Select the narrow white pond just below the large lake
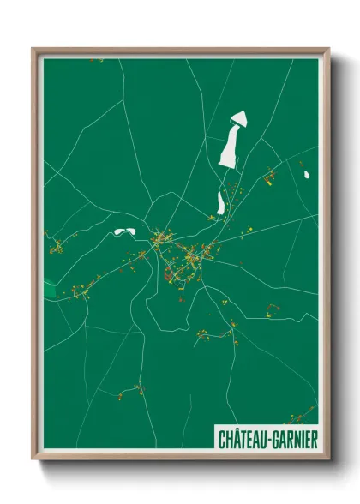tap(221, 202)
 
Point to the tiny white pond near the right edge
tap(306, 176)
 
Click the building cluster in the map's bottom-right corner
tap(300, 417)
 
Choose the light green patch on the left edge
tap(50, 287)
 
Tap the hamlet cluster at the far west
tap(57, 248)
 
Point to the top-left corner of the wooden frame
tap(33, 49)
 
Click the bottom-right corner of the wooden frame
tap(329, 461)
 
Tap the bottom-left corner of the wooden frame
tap(33, 461)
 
